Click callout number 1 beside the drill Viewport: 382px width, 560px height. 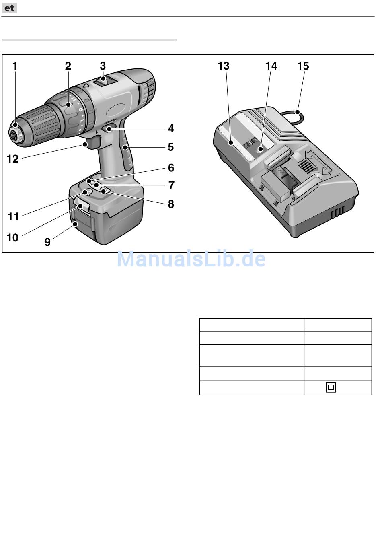click(x=15, y=66)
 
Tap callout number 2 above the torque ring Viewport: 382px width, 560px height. click(x=68, y=66)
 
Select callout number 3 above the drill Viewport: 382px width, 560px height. click(x=103, y=66)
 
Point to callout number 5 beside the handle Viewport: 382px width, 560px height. click(x=171, y=147)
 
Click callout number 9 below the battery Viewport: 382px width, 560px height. click(x=47, y=242)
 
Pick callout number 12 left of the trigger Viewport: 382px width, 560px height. click(x=13, y=159)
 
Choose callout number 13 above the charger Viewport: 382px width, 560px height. click(x=223, y=66)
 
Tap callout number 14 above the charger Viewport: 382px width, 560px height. click(x=271, y=66)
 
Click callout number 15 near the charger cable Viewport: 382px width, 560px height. click(x=303, y=66)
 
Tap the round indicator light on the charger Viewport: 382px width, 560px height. click(x=260, y=149)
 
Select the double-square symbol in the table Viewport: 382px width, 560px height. click(x=331, y=387)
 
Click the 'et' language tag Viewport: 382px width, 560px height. click(x=9, y=8)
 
